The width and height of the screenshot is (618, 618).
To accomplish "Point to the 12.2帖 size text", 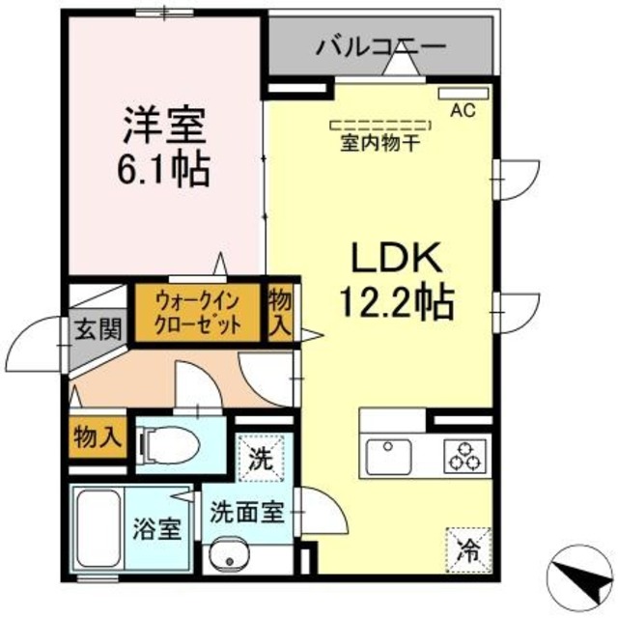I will tap(396, 304).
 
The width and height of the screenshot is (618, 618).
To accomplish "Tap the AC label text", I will tap(463, 111).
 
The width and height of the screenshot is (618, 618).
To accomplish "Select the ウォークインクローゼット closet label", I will tap(198, 311).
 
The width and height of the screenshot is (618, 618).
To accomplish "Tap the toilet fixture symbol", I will tap(172, 443).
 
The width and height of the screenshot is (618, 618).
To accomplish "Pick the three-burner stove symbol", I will tap(464, 455).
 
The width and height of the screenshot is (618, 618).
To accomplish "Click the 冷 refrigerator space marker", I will tap(466, 549).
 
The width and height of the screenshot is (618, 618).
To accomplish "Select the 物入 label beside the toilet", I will tap(98, 436).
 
